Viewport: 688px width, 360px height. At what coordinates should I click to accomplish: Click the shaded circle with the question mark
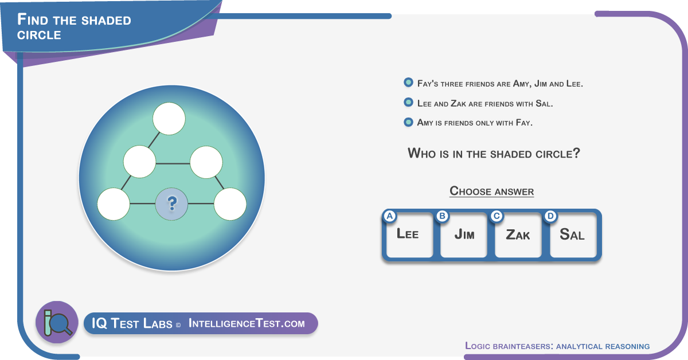(x=171, y=204)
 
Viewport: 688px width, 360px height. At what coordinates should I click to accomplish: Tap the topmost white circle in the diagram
(x=169, y=119)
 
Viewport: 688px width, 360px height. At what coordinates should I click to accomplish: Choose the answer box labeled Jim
(x=464, y=235)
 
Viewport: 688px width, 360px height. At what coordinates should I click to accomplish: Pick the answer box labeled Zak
(x=518, y=235)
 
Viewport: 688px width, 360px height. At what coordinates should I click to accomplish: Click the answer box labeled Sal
(x=573, y=235)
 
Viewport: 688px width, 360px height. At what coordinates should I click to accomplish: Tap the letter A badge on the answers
(x=390, y=216)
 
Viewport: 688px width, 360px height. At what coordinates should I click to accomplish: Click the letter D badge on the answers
(x=550, y=216)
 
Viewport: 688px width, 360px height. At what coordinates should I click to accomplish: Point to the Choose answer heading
(x=492, y=191)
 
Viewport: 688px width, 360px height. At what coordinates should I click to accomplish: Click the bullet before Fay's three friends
(x=408, y=83)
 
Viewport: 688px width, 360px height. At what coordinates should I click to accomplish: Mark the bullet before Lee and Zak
(x=408, y=102)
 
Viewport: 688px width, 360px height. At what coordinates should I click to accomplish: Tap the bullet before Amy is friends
(x=408, y=122)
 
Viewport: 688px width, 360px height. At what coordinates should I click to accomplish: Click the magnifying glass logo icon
(x=57, y=322)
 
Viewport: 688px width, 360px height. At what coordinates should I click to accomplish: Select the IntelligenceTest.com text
(x=247, y=323)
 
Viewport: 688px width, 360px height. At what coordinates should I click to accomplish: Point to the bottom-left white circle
(x=114, y=204)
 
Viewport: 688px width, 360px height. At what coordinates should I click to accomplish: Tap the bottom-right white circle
(x=230, y=204)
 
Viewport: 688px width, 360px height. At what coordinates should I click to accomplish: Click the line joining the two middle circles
(x=173, y=163)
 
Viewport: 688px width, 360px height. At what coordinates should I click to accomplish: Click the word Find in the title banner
(x=33, y=19)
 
